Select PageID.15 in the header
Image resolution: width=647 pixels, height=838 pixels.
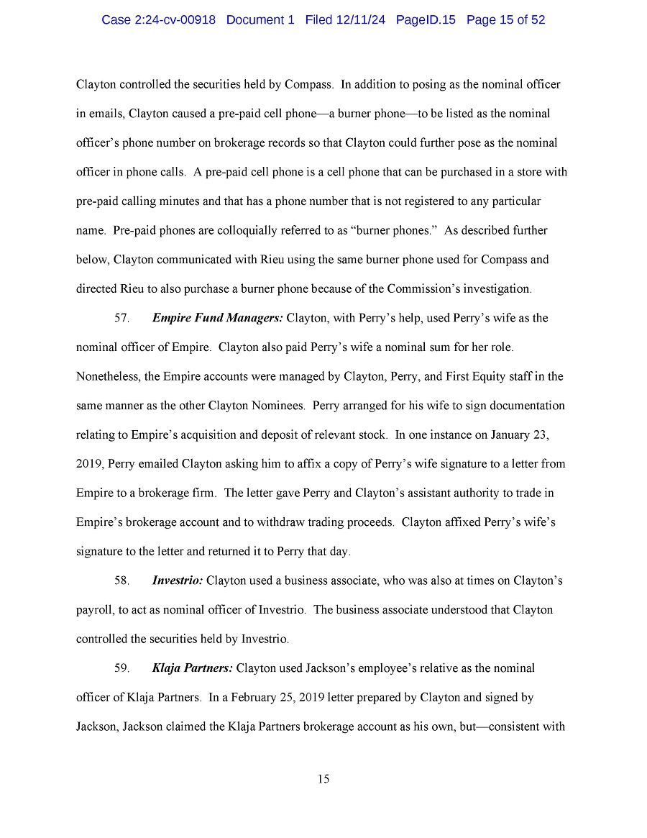tap(426, 20)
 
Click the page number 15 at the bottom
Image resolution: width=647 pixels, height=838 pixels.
tap(323, 779)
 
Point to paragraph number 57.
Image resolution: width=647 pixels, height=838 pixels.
tap(121, 318)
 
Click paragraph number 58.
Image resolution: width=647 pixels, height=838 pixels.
tap(121, 580)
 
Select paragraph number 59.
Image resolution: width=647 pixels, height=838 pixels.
tap(121, 668)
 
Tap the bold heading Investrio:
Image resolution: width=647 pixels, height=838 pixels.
tap(178, 580)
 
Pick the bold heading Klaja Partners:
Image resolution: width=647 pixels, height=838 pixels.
tap(192, 668)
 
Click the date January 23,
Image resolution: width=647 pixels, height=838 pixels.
tap(532, 434)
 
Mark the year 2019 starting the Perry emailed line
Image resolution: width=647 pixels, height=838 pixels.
tap(90, 464)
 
